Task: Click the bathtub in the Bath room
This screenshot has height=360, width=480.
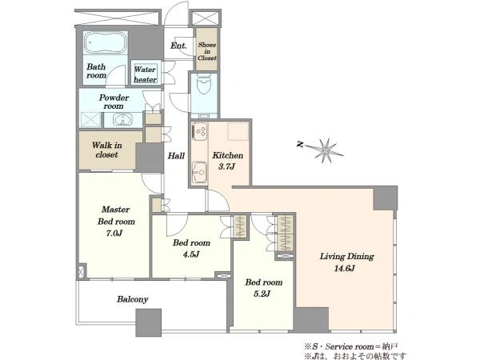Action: [106, 42]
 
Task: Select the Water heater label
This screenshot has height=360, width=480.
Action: [145, 74]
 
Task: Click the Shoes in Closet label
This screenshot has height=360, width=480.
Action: [207, 51]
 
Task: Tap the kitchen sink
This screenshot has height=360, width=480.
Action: [199, 173]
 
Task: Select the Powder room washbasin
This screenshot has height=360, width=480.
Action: [122, 120]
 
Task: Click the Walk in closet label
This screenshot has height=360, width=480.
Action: [107, 150]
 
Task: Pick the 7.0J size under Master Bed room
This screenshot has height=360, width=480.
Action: [114, 234]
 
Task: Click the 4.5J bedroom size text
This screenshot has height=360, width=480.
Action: [190, 254]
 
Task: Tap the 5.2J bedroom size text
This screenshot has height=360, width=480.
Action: [262, 294]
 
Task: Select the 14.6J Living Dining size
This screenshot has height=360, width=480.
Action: [344, 269]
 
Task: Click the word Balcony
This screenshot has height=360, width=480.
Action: [133, 299]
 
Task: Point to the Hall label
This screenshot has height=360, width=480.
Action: [176, 156]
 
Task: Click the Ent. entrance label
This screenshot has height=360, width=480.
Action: [178, 46]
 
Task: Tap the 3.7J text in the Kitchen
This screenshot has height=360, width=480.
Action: [226, 167]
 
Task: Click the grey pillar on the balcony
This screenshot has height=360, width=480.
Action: [149, 322]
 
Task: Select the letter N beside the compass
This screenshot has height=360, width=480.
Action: [301, 144]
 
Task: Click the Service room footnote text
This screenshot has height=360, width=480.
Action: [351, 346]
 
